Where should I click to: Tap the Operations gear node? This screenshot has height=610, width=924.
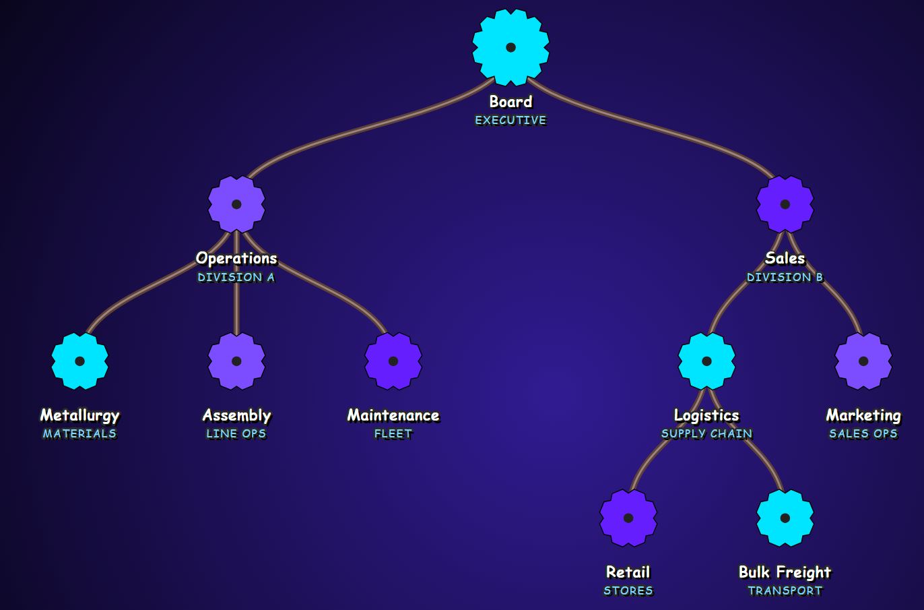click(x=236, y=204)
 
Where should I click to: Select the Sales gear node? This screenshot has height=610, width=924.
click(x=785, y=204)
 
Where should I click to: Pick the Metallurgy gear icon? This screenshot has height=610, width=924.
click(x=79, y=361)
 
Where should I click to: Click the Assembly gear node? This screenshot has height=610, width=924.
click(x=236, y=361)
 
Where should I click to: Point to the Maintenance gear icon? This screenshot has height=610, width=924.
click(x=393, y=361)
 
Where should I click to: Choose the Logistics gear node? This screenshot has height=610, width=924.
click(x=706, y=361)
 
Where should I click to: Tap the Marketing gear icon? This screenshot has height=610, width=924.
click(x=863, y=361)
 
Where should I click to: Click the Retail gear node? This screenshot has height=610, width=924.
click(x=628, y=518)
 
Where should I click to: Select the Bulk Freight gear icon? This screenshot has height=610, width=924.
click(x=785, y=518)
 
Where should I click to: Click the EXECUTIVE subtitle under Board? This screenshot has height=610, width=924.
click(x=510, y=121)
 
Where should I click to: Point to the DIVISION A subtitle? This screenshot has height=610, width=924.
click(x=236, y=277)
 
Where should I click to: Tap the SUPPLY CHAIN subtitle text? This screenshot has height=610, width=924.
click(x=706, y=434)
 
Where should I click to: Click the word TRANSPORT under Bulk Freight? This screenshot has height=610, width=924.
click(x=785, y=591)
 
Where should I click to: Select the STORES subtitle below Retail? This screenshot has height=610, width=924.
click(x=628, y=591)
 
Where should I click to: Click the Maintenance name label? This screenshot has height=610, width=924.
click(x=393, y=415)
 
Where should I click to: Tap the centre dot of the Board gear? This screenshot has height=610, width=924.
click(x=510, y=47)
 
